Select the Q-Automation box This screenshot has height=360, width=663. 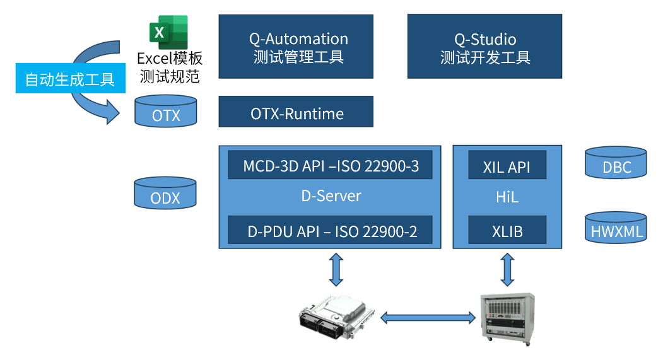[x=296, y=47]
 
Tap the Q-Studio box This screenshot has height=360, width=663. [x=484, y=47]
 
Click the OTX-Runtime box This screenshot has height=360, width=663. [x=296, y=112]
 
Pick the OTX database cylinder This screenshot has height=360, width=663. [x=166, y=112]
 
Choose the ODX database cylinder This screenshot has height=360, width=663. [x=166, y=194]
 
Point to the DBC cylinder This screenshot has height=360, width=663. [x=616, y=164]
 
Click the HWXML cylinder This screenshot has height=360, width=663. [x=616, y=227]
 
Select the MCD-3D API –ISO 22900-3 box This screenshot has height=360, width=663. [x=330, y=166]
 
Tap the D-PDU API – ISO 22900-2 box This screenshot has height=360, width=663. [x=330, y=230]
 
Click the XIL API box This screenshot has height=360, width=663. [x=507, y=166]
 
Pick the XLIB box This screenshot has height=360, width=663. [x=507, y=230]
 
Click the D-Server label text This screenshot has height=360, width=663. [x=331, y=196]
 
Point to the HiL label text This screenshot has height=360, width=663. [x=507, y=197]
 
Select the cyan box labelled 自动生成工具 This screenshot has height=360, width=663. [x=69, y=79]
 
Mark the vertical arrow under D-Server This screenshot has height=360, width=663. [x=336, y=269]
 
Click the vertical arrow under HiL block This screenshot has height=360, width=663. [x=507, y=269]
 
